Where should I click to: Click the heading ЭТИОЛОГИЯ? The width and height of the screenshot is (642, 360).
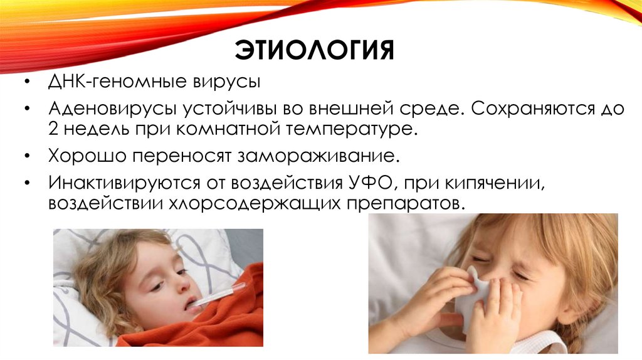(314, 50)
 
